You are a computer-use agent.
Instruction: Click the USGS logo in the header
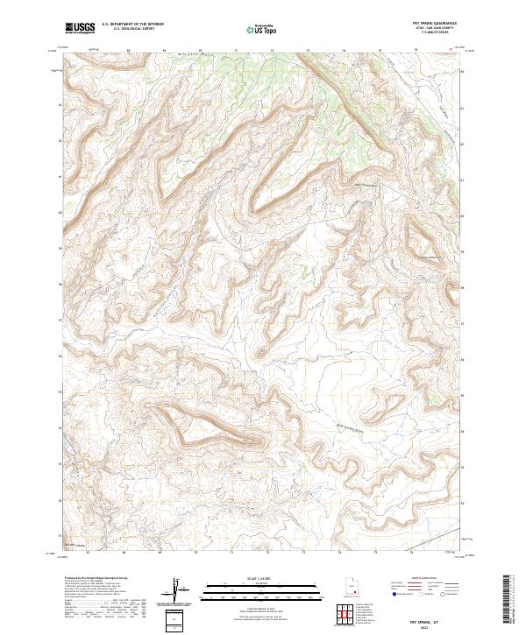[x=81, y=28]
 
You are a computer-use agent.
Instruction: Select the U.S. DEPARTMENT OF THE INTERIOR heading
[x=132, y=25]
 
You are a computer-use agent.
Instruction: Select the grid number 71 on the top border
[x=236, y=50]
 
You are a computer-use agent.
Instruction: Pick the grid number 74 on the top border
[x=344, y=50]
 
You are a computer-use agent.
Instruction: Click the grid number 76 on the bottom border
[x=416, y=554]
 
